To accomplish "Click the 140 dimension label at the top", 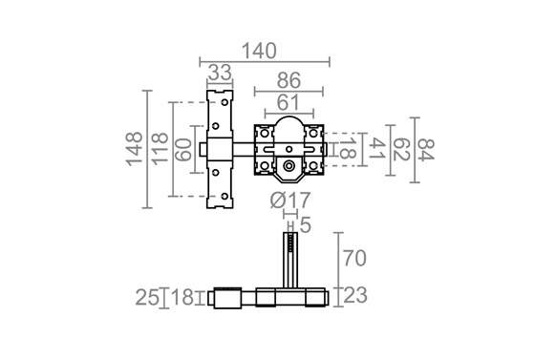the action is tap(259, 51).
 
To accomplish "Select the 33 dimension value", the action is tap(220, 73).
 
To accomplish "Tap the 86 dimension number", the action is tap(289, 80).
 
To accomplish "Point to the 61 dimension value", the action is tap(288, 103).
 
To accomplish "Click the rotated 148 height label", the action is tap(134, 149).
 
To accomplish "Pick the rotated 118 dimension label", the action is tap(160, 149).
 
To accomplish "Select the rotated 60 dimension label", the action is tap(183, 150).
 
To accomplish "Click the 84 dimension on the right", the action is tap(426, 150).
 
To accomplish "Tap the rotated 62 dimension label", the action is tap(402, 150).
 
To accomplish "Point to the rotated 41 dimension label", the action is tap(377, 149).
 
